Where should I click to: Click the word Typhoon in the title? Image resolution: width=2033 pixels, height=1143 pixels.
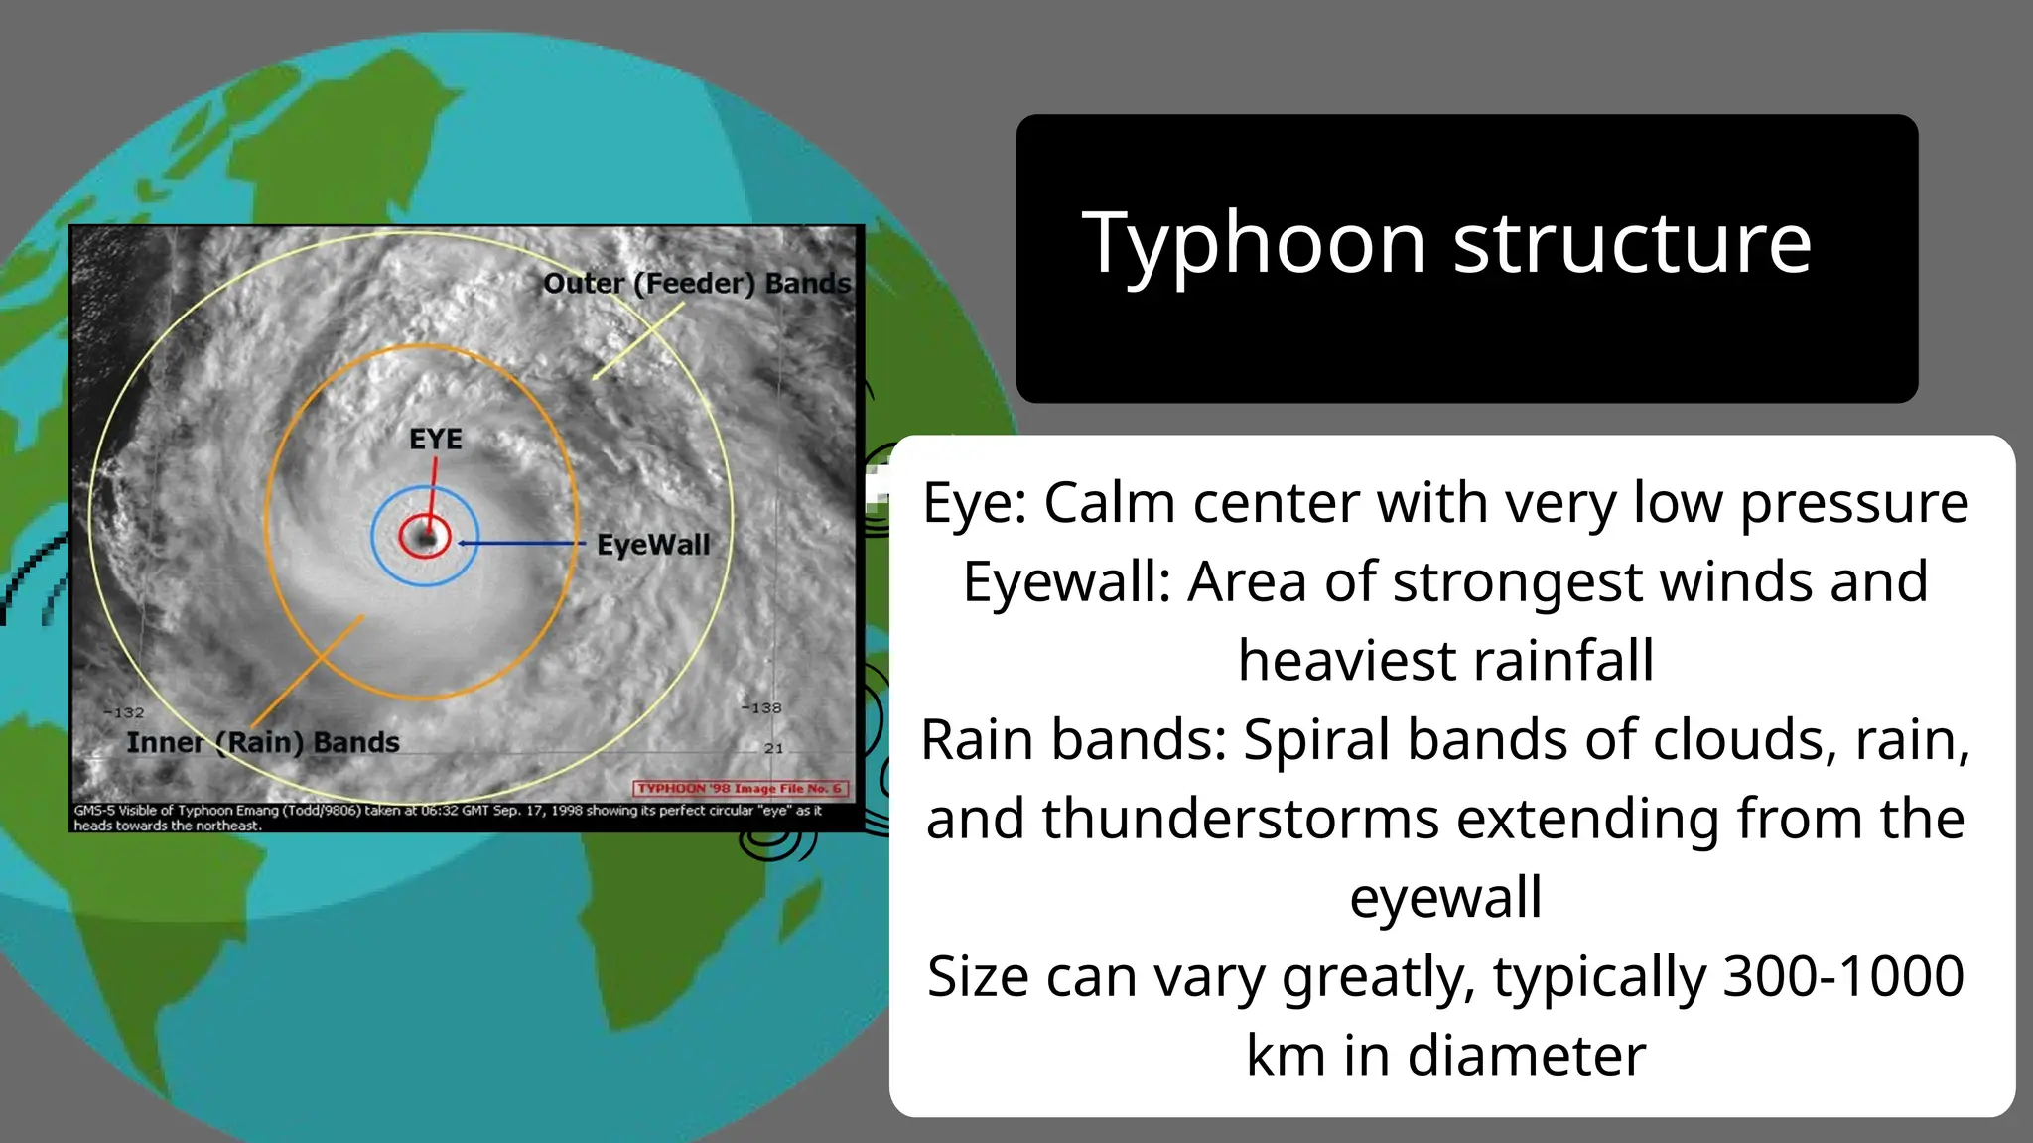1254,244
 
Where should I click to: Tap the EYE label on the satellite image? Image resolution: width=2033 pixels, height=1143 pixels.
436,439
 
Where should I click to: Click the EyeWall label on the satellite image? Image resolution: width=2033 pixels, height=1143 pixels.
653,545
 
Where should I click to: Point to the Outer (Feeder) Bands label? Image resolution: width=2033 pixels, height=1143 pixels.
697,284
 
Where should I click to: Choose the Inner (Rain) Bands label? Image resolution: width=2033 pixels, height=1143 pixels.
262,742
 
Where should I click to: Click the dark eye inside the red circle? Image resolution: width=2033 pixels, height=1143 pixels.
427,538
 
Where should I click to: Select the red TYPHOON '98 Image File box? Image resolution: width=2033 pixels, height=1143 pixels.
740,788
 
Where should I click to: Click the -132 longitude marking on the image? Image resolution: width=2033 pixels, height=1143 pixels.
125,712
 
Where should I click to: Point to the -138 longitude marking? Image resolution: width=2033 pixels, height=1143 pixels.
761,707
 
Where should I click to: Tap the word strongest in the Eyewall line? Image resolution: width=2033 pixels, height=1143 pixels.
1524,581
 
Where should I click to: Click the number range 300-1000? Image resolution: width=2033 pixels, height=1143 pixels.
1843,976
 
